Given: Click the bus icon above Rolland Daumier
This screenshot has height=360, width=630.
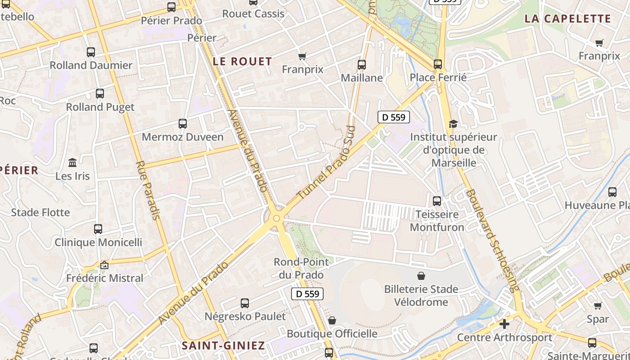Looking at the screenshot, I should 91,52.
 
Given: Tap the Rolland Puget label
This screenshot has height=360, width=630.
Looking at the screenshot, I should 100,107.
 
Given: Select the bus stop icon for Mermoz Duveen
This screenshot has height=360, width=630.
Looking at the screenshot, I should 182,124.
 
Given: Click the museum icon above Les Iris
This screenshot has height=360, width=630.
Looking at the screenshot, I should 72,162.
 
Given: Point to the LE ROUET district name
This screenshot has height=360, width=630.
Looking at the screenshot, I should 242,62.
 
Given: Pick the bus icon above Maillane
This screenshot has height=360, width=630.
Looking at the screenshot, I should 361,65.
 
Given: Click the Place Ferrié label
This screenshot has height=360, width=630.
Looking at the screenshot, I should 438,77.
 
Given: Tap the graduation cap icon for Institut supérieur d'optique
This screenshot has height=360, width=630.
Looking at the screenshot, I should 453,124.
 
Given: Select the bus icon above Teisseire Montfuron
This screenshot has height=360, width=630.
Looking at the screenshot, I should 436,201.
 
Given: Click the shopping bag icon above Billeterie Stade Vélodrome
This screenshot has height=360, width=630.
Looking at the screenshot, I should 421,275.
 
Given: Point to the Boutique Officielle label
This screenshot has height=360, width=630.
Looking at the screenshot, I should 332,333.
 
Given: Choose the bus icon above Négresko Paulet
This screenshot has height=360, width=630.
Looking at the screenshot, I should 245,303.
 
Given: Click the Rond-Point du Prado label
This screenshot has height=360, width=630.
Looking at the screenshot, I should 301,268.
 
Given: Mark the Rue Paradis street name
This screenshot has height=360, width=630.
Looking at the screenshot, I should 148,190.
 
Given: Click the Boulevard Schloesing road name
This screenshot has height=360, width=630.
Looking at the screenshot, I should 492,241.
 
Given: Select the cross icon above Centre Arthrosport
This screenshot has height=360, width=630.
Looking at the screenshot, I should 504,324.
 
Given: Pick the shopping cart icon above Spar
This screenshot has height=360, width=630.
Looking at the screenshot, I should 598,306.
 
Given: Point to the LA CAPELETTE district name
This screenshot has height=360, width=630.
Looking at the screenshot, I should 567,19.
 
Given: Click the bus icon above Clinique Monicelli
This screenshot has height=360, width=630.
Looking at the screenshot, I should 98,229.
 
